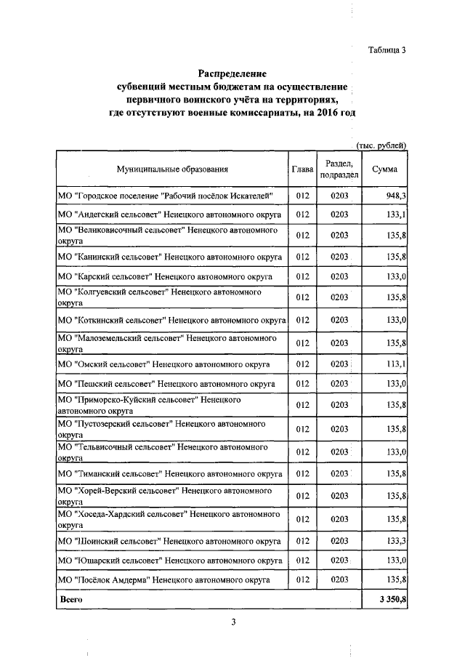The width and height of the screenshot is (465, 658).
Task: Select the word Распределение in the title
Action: point(232,74)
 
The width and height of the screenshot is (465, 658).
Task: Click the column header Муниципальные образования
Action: point(172,169)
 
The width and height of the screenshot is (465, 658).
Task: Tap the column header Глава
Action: point(302,169)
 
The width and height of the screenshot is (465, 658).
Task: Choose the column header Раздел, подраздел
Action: point(339,169)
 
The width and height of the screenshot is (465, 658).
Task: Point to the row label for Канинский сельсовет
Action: point(169,257)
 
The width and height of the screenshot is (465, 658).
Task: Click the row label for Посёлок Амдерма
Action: point(163,579)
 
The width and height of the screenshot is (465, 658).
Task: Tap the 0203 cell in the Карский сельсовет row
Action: point(339,277)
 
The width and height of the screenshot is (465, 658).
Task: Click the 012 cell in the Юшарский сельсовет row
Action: point(302,561)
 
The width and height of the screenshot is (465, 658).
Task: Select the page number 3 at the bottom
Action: point(233,622)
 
